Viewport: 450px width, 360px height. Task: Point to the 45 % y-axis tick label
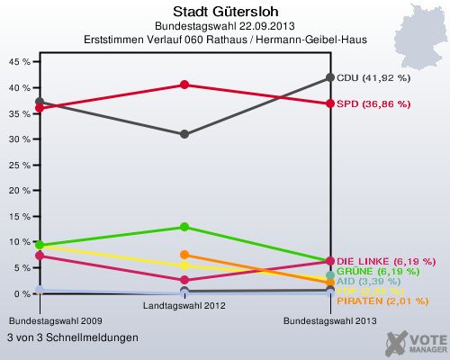[x=20, y=62]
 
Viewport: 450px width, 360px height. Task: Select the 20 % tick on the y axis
[x=20, y=191]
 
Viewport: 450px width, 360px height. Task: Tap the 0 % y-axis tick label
[x=22, y=294]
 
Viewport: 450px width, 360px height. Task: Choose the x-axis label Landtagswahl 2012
[x=184, y=305]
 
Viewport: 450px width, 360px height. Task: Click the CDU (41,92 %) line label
[x=373, y=77]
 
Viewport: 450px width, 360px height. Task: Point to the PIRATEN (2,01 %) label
[x=382, y=301]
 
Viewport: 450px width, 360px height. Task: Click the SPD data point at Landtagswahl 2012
[x=184, y=85]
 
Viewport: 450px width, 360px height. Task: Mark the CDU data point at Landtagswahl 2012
[x=184, y=134]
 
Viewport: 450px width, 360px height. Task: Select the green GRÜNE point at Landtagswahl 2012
[x=184, y=227]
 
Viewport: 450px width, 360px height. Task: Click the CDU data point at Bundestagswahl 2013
[x=330, y=77]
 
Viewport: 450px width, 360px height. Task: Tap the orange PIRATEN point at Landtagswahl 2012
[x=184, y=255]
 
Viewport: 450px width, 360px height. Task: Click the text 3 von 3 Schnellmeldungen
[x=72, y=337]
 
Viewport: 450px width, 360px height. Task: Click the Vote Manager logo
[x=414, y=341]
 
